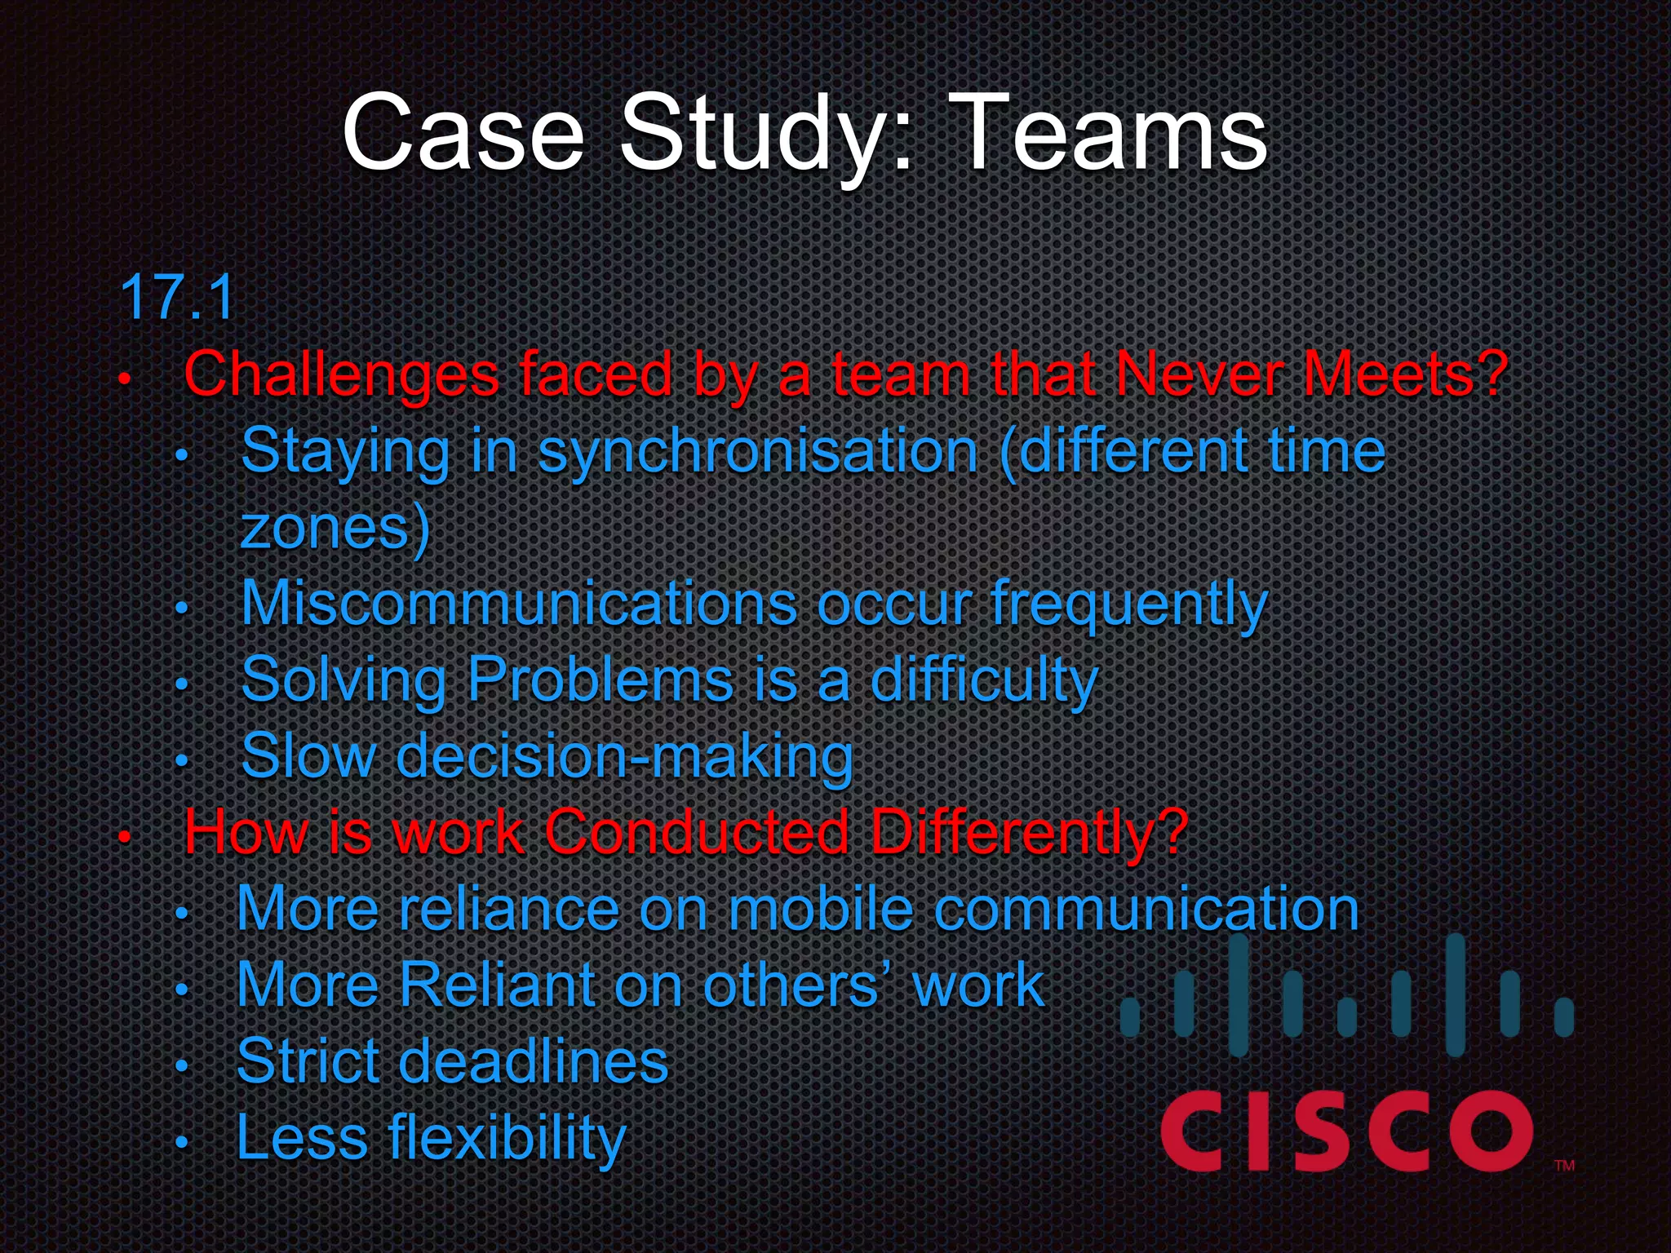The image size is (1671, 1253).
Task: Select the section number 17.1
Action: (x=177, y=298)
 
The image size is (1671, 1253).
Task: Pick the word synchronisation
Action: (x=757, y=451)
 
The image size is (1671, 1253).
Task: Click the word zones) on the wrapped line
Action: (x=335, y=528)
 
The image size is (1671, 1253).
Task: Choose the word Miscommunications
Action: (x=519, y=604)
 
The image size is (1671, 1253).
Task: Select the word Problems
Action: (x=601, y=680)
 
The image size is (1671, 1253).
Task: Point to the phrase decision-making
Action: (x=624, y=756)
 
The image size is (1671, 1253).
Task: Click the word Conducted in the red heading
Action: (x=696, y=832)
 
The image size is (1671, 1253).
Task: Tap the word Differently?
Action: (x=1029, y=833)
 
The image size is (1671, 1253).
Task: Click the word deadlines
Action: (x=534, y=1060)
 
